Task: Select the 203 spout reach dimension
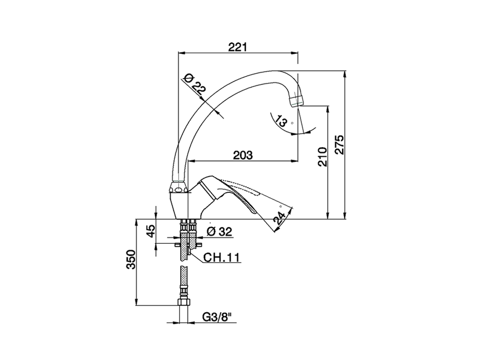(x=243, y=155)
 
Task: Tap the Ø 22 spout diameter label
(x=194, y=85)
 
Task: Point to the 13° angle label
(x=281, y=121)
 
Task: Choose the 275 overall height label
(x=339, y=144)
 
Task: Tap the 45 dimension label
(x=150, y=231)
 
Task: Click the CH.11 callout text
(x=221, y=258)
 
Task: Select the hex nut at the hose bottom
(x=184, y=303)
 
